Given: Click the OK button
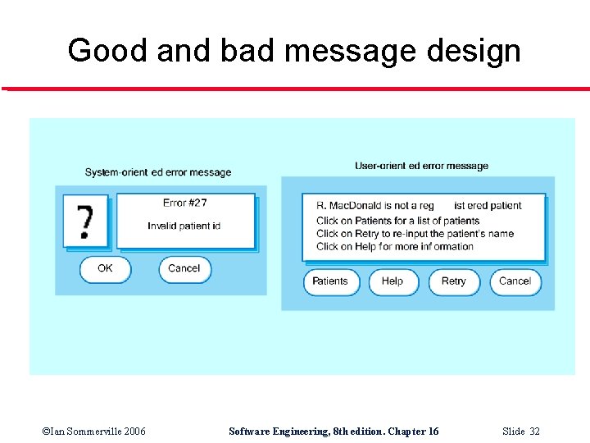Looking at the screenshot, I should pyautogui.click(x=105, y=269).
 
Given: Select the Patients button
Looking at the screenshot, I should pyautogui.click(x=330, y=281).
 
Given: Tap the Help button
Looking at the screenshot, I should pyautogui.click(x=393, y=281).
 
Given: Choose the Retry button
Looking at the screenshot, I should pyautogui.click(x=453, y=281).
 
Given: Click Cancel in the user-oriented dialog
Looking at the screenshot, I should pyautogui.click(x=515, y=281).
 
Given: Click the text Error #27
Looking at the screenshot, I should pyautogui.click(x=185, y=203).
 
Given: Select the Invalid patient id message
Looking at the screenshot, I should pyautogui.click(x=184, y=226).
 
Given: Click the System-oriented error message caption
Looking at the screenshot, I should pyautogui.click(x=158, y=172).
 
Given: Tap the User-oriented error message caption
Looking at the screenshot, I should pyautogui.click(x=421, y=166).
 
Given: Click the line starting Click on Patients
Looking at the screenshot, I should pyautogui.click(x=397, y=221).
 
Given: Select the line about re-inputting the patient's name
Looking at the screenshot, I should pyautogui.click(x=415, y=234).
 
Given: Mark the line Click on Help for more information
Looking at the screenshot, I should pyautogui.click(x=395, y=247).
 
